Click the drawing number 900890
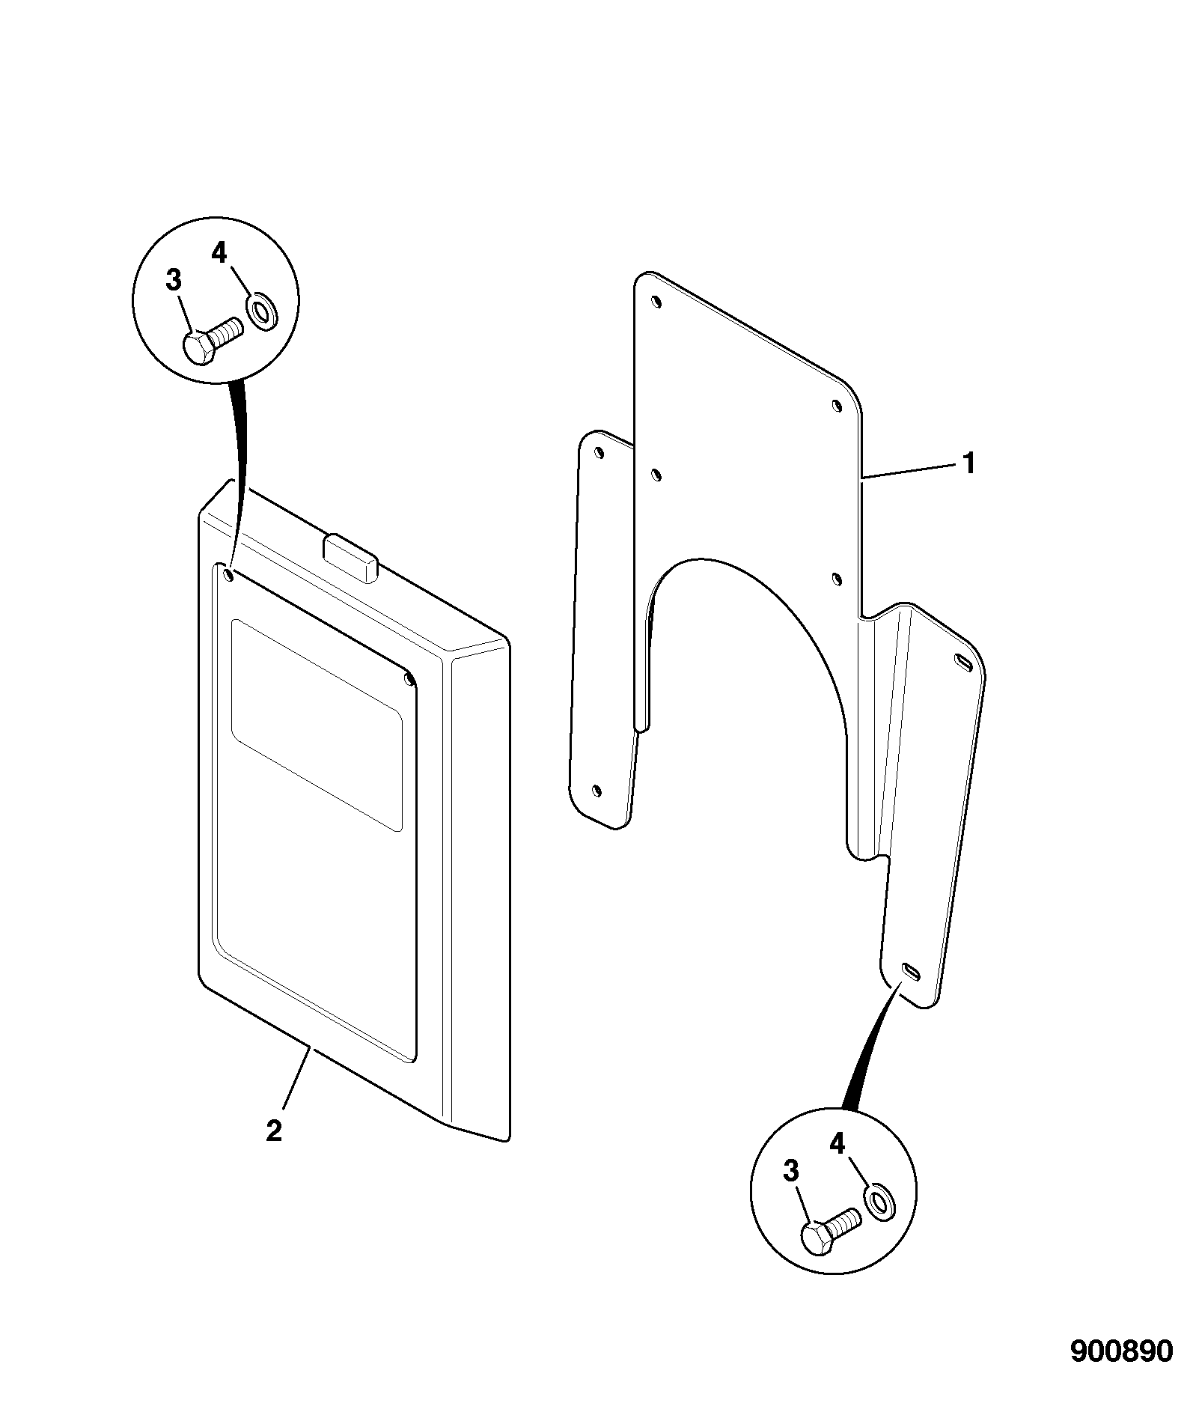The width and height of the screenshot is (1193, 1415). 1121,1351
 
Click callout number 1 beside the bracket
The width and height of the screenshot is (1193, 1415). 969,463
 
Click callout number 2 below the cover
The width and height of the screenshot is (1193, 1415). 274,1131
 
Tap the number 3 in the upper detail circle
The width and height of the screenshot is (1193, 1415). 173,281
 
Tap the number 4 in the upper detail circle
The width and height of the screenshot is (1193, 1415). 219,254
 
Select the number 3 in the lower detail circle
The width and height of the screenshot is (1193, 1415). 791,1171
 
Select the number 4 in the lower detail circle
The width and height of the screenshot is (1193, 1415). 837,1143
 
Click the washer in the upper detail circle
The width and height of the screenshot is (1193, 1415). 260,311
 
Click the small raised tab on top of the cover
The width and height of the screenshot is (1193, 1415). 351,556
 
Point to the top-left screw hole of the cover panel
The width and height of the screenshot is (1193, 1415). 228,575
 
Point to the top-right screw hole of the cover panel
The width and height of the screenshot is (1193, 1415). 409,680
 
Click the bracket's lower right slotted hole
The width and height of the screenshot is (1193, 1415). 911,970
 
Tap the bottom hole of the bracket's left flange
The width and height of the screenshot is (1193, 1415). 596,791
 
